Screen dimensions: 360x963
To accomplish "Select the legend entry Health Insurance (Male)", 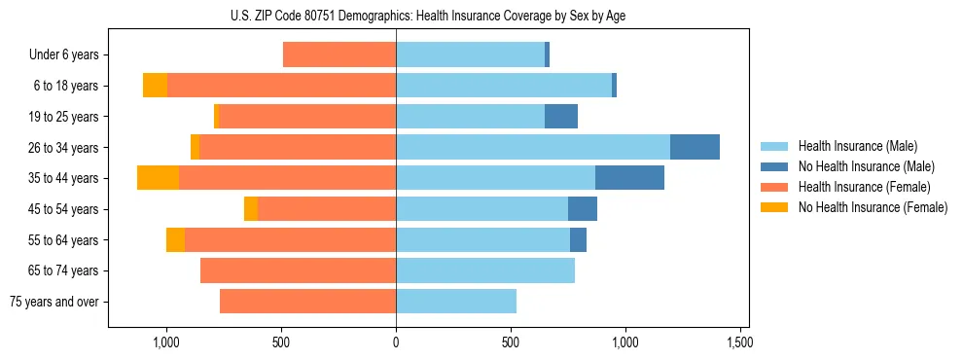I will [x=857, y=146].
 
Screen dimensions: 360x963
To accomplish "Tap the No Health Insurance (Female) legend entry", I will [x=873, y=207].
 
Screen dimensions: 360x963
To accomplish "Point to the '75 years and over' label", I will [x=54, y=302].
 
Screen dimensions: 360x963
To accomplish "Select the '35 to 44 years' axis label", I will [x=64, y=178].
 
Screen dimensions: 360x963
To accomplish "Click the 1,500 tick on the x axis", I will [x=739, y=342].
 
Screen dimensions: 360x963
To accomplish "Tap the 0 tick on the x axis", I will [x=396, y=342].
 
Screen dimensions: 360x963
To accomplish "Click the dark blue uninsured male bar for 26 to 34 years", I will [x=695, y=147].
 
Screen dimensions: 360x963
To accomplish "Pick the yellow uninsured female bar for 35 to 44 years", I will [x=158, y=178].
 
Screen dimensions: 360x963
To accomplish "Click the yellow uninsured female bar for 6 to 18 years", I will [x=155, y=86].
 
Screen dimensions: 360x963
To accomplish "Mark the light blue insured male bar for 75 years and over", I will [x=456, y=302].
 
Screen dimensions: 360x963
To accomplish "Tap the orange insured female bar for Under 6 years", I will [x=339, y=55].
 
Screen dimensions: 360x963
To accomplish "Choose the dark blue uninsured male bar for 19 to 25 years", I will [x=561, y=117].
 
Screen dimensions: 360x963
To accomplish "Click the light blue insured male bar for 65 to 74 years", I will [x=485, y=270].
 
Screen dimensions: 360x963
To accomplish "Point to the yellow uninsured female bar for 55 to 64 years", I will [x=175, y=239].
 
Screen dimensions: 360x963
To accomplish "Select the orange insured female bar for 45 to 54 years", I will [x=327, y=209].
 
